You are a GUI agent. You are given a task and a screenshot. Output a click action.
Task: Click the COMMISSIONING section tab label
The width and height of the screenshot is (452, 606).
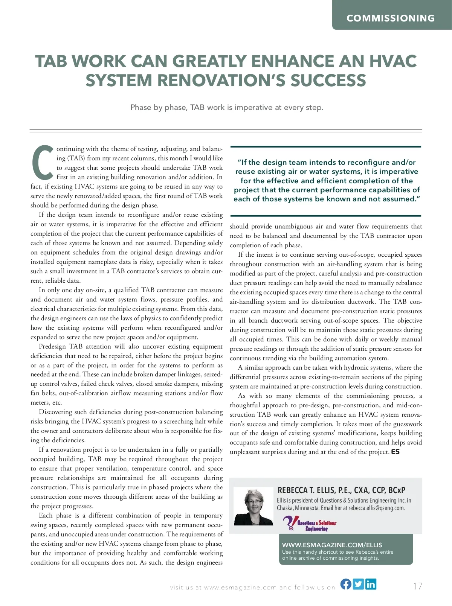click(x=391, y=18)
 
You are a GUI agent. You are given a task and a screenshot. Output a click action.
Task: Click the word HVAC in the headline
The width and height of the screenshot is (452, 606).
click(x=392, y=61)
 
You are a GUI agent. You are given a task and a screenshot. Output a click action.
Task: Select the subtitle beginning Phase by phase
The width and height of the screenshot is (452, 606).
click(x=226, y=107)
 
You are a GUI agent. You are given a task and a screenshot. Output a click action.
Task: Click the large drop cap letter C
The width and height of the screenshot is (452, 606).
click(x=43, y=162)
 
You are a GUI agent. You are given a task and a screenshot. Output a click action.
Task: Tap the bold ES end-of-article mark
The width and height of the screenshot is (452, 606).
click(x=395, y=452)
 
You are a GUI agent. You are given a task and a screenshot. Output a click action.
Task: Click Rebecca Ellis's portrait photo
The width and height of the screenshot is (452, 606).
click(x=253, y=506)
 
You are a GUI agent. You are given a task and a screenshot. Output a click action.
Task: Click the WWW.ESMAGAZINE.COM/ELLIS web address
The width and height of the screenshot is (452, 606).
click(x=332, y=545)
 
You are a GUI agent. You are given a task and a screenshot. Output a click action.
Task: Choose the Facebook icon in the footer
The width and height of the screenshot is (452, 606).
click(x=346, y=584)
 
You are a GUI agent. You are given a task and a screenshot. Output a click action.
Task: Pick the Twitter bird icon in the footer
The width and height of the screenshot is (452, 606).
click(x=358, y=584)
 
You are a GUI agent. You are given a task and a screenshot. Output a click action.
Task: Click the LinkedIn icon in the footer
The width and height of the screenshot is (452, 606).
click(x=371, y=584)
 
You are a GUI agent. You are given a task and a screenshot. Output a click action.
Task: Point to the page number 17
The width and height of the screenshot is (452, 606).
click(x=417, y=586)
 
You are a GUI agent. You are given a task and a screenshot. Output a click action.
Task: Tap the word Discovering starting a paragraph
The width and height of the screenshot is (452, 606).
click(x=55, y=412)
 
